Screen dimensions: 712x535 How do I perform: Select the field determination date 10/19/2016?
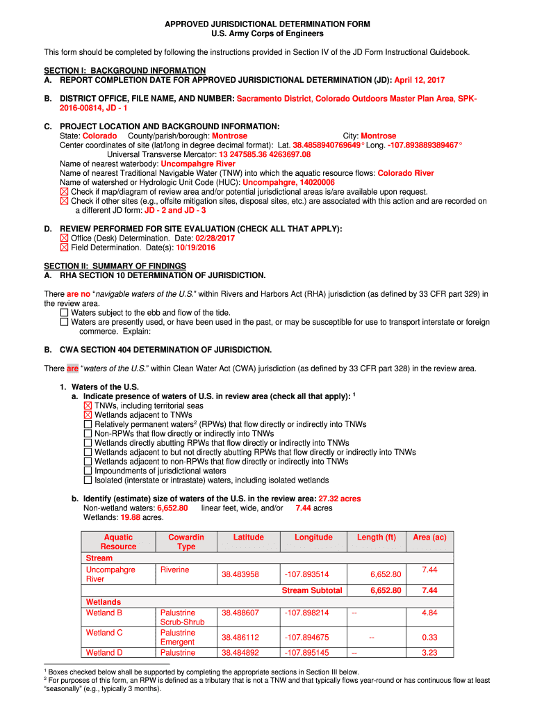click(x=195, y=248)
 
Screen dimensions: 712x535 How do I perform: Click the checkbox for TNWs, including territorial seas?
click(x=88, y=405)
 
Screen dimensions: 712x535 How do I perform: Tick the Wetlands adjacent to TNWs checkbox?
click(x=88, y=415)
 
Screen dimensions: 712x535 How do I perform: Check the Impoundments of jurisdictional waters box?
click(x=88, y=471)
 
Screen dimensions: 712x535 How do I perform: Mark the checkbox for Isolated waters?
click(x=88, y=480)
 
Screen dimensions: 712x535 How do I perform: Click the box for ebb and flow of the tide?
click(x=65, y=313)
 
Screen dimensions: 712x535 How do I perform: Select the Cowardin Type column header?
click(x=186, y=542)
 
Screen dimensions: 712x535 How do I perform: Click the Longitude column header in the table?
click(x=313, y=537)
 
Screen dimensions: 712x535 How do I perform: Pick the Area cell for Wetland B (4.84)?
click(x=429, y=613)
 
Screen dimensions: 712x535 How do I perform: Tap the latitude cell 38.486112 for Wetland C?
click(x=240, y=638)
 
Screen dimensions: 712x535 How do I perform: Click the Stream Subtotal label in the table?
click(x=312, y=590)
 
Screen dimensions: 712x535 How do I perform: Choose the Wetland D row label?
click(x=104, y=653)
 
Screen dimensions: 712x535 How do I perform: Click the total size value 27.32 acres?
click(x=340, y=499)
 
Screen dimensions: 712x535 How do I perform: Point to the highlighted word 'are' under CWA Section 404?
click(x=73, y=368)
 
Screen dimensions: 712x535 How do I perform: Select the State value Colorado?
click(x=100, y=136)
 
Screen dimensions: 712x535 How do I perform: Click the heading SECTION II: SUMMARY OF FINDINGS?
click(x=115, y=266)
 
